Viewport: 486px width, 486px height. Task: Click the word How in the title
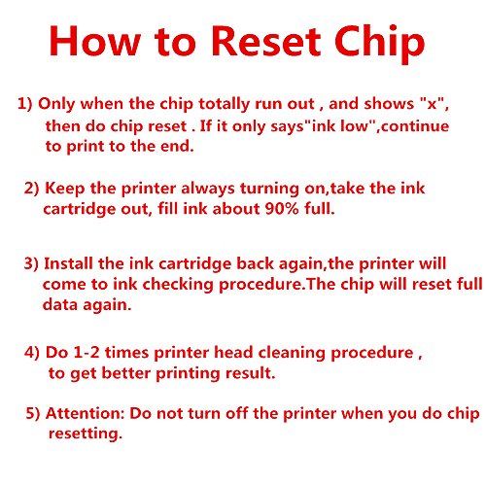pos(95,41)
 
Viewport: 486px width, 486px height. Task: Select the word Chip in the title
pos(379,44)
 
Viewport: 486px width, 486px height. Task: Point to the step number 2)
pos(32,189)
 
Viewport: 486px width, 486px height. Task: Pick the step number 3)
pos(31,263)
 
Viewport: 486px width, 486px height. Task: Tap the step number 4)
pos(32,353)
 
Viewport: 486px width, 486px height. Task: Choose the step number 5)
pos(33,414)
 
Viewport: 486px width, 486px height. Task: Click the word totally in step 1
pos(225,105)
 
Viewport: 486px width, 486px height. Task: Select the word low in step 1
pos(356,125)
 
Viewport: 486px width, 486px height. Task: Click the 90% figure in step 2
pos(282,209)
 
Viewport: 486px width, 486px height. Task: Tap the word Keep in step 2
pos(65,189)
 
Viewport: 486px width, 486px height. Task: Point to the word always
pos(208,190)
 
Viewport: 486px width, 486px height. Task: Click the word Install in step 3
pos(68,263)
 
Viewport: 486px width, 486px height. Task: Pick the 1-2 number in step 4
pos(87,353)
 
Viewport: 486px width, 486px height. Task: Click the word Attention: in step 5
pos(86,413)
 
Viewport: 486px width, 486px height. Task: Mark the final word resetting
pos(86,434)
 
